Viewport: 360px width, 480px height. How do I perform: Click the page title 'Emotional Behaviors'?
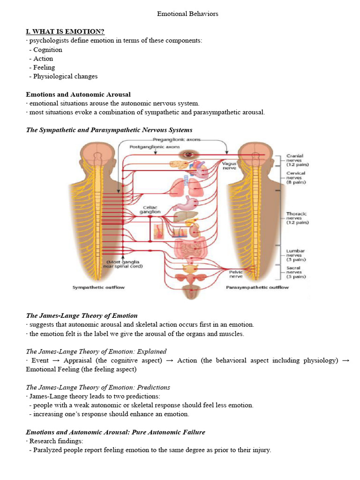click(x=187, y=14)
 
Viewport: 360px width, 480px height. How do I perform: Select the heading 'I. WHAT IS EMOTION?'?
click(x=65, y=31)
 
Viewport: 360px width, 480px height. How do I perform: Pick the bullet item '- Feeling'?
click(x=42, y=67)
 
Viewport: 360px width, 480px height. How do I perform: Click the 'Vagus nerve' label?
click(x=229, y=165)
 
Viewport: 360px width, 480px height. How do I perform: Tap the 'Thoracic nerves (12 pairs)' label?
click(x=298, y=218)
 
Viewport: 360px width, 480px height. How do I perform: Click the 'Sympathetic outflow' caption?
click(x=98, y=287)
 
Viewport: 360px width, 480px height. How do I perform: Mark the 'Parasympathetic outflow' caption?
click(x=257, y=287)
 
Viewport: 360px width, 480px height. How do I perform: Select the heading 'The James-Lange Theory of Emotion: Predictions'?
click(x=98, y=388)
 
